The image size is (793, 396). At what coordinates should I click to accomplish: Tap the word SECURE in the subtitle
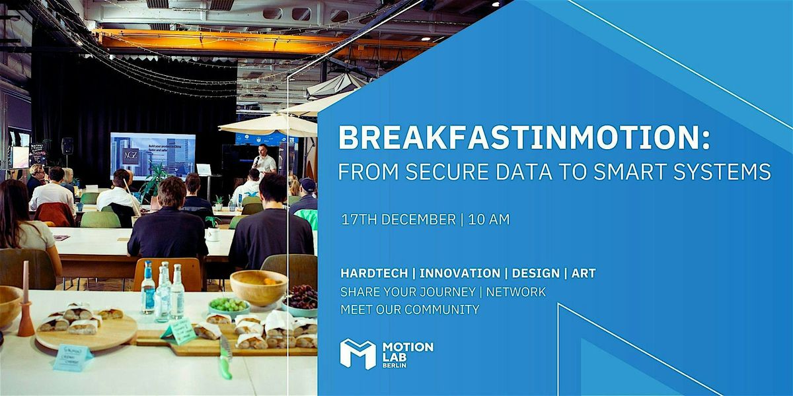point(441,172)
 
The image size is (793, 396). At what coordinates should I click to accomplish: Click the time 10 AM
point(489,220)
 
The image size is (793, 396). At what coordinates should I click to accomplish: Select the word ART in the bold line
point(584,273)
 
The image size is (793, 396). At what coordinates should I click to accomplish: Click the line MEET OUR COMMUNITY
point(410,309)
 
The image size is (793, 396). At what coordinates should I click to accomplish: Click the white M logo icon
point(358,354)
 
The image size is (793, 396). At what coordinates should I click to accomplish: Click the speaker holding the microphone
point(264,162)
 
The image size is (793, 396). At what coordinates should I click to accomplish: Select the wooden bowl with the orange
point(258,286)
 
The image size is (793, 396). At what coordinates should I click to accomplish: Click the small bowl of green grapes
point(229,306)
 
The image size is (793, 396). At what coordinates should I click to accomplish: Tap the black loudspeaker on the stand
point(67,145)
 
